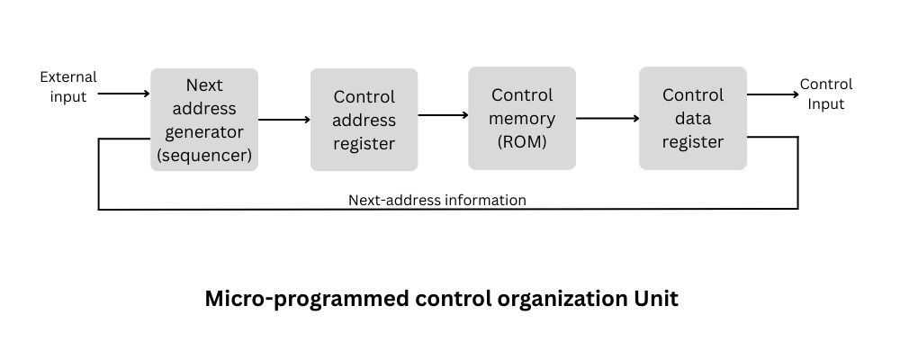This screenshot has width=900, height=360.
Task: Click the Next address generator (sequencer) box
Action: click(204, 120)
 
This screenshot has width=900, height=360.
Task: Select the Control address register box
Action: click(364, 120)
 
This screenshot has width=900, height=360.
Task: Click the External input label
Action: click(68, 87)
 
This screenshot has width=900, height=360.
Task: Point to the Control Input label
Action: click(825, 94)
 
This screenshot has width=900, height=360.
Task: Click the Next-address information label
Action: click(436, 200)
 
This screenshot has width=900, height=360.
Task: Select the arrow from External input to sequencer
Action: click(123, 93)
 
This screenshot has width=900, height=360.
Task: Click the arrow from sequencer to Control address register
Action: click(283, 119)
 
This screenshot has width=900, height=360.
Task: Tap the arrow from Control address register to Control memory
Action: click(443, 114)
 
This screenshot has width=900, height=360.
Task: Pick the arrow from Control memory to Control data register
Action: click(607, 118)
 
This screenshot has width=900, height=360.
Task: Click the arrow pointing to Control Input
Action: click(771, 94)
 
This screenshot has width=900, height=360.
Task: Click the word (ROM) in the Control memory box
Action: click(522, 141)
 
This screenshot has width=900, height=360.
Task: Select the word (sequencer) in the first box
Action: click(204, 155)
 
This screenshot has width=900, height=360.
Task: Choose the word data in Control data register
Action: click(693, 118)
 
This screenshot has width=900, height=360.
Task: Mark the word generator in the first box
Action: click(204, 131)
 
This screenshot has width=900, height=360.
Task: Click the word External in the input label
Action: click(68, 77)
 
